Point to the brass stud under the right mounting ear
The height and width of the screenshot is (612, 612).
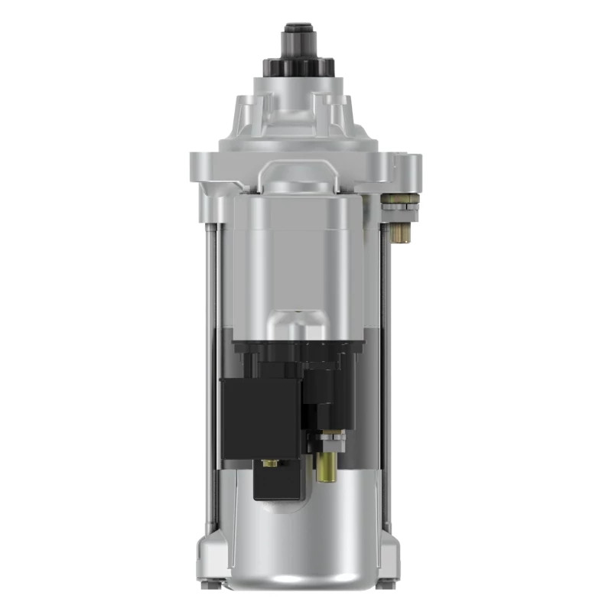pyautogui.click(x=400, y=232)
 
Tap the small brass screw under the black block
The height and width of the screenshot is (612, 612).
pyautogui.click(x=269, y=463)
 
